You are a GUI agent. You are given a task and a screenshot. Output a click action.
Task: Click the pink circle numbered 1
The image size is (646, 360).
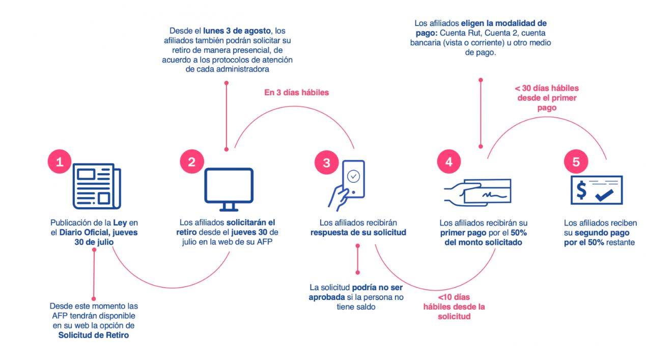tap(60, 162)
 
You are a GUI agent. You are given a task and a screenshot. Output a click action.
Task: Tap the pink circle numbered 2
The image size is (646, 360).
tap(191, 162)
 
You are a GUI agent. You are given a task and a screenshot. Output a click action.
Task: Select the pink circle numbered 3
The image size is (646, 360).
tap(326, 163)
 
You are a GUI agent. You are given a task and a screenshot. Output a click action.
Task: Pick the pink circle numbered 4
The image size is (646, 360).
tap(448, 162)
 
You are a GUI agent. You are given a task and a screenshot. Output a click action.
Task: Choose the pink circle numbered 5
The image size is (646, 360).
tap(576, 162)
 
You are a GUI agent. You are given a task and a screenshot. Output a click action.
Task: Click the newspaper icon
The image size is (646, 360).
tap(97, 186)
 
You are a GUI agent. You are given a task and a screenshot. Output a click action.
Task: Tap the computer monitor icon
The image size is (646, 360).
tap(229, 189)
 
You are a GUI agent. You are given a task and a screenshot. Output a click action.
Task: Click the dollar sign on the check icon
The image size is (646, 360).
tap(581, 191)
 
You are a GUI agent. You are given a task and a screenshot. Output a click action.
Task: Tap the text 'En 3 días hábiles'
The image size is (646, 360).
tap(296, 93)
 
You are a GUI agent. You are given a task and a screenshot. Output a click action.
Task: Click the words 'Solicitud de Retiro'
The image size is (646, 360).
tap(94, 335)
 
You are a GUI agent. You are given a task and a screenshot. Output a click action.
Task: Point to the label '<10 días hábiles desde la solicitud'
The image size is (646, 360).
tap(454, 307)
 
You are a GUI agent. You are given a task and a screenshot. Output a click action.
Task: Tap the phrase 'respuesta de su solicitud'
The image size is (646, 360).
tap(358, 233)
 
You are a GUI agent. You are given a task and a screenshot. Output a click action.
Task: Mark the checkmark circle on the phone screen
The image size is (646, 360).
tap(353, 176)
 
